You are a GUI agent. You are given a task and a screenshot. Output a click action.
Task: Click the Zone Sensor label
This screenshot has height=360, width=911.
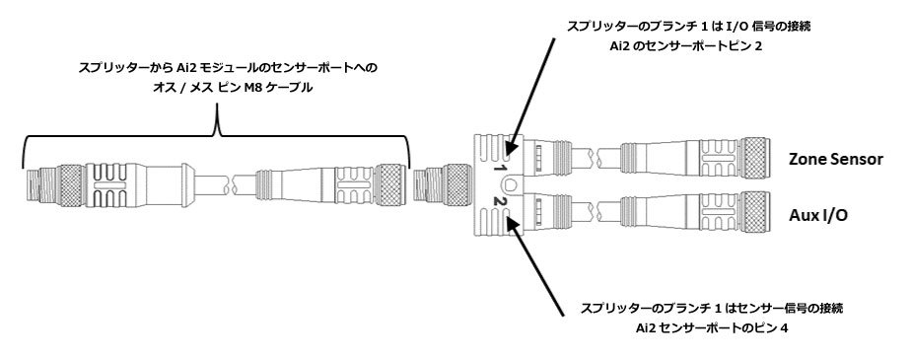[835, 159]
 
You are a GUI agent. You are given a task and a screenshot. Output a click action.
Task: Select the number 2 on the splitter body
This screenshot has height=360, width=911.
[498, 202]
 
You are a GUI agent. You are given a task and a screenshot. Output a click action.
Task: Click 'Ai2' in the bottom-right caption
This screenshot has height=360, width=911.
[646, 328]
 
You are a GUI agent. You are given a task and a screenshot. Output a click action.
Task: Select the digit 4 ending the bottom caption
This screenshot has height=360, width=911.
[785, 328]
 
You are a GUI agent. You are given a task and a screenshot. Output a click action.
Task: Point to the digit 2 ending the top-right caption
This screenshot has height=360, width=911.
[757, 47]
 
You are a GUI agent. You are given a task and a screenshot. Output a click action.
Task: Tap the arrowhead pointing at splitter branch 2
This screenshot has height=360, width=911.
[512, 224]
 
